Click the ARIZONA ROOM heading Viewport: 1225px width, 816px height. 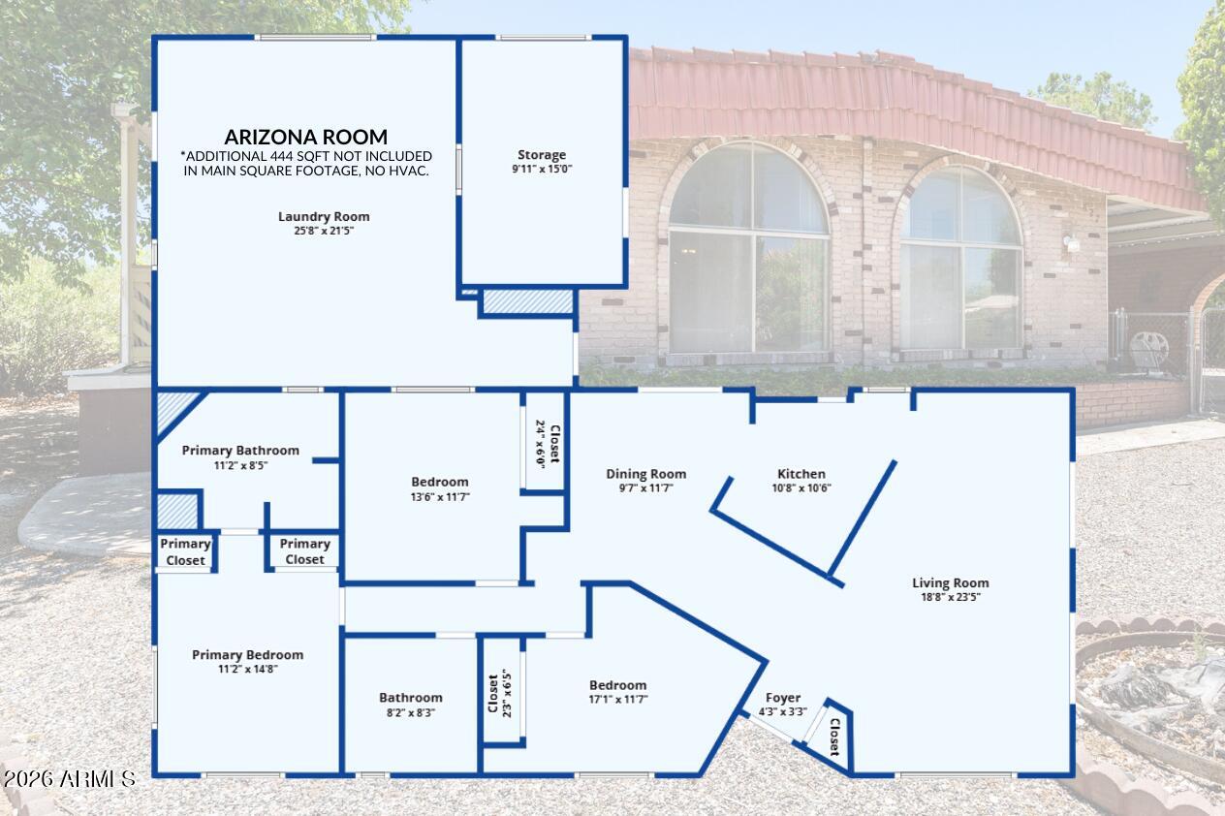305,137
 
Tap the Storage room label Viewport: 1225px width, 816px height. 542,155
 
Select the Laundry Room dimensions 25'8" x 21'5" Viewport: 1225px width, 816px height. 324,231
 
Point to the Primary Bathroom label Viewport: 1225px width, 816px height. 240,451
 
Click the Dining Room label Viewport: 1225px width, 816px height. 645,474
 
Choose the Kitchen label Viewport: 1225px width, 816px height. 801,474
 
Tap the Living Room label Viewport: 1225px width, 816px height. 951,583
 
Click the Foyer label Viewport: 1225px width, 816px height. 782,698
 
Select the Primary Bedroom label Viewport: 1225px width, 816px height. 248,655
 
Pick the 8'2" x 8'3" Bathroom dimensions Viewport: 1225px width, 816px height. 411,712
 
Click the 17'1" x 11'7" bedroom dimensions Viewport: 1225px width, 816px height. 618,700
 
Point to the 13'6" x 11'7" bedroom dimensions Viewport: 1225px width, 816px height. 440,497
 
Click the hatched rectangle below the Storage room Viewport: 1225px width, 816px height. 528,302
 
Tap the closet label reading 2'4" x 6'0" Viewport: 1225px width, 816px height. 548,444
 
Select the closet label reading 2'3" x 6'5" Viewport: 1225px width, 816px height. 499,693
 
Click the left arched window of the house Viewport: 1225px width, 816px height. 748,249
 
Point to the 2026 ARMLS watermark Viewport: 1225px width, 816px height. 70,779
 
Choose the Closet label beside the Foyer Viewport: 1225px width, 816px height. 834,737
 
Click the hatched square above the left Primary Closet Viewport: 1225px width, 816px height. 177,512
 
